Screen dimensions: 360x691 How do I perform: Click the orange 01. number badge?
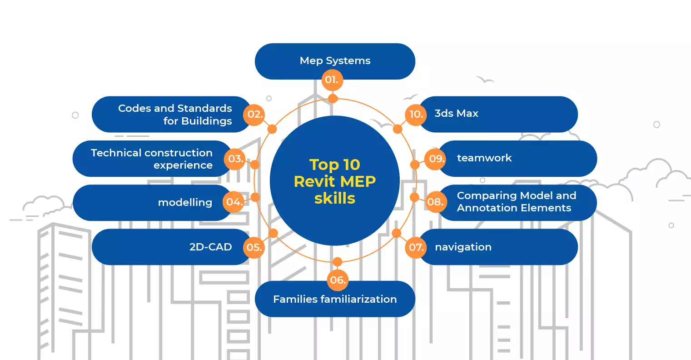[332, 80]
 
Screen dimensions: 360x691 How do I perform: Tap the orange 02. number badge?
[255, 114]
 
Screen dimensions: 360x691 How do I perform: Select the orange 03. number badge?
[236, 159]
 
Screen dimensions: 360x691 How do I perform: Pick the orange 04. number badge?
[234, 202]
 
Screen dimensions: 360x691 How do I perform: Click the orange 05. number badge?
[254, 247]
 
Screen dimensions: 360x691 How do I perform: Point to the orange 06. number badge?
[338, 280]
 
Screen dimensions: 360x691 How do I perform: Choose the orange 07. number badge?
[416, 247]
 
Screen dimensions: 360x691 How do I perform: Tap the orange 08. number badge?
[435, 202]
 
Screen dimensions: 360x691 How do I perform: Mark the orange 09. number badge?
[436, 159]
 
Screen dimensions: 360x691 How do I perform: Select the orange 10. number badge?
[416, 114]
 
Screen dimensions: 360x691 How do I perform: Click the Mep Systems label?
[335, 61]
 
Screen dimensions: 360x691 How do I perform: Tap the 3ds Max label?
[456, 114]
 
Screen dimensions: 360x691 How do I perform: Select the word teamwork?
[484, 158]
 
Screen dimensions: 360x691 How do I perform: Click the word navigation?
[463, 247]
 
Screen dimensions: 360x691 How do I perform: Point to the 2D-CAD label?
[210, 247]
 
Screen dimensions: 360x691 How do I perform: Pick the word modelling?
[185, 203]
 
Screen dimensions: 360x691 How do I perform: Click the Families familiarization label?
[335, 300]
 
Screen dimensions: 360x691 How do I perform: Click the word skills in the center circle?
[335, 199]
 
